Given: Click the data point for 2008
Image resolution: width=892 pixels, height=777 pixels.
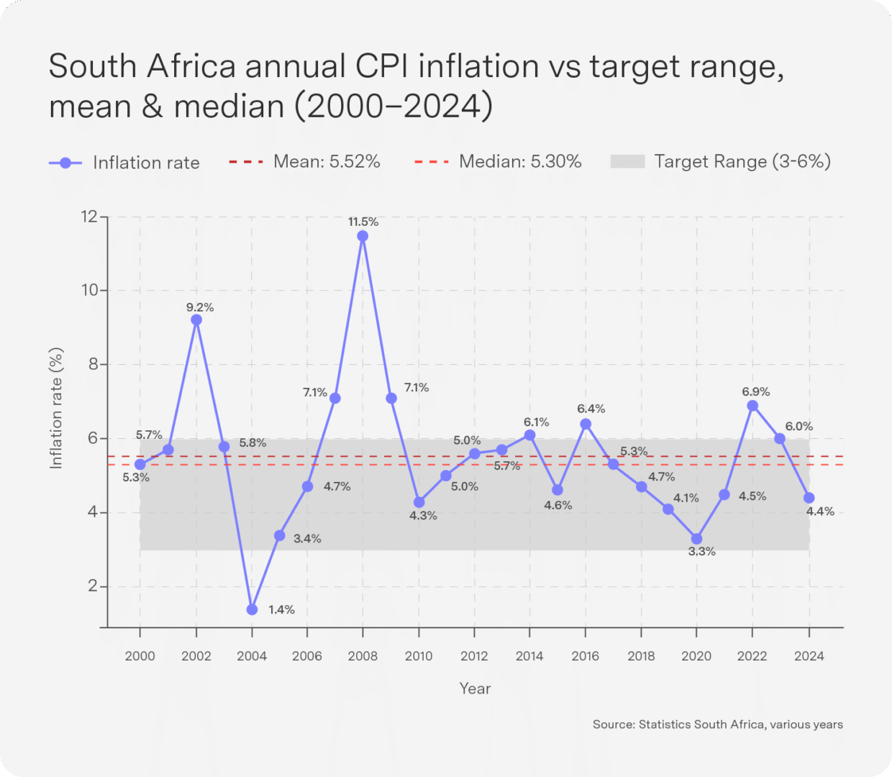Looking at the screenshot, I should [x=363, y=236].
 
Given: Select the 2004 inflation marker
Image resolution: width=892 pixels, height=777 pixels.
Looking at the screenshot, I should [x=252, y=609].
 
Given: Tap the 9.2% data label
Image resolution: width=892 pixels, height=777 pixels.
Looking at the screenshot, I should [x=200, y=307].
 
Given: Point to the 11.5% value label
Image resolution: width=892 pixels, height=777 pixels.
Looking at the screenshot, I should [x=363, y=222].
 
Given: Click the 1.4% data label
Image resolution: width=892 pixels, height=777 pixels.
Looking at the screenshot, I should [x=281, y=609].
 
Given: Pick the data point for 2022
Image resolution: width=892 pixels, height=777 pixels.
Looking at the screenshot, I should [x=752, y=406].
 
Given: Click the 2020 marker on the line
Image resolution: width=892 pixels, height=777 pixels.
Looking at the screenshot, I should [x=696, y=539].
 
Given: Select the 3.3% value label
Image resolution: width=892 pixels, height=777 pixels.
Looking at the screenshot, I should [x=701, y=552].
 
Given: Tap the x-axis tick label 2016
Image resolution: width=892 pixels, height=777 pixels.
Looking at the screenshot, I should [x=585, y=656].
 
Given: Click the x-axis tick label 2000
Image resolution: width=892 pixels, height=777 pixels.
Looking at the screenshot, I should [x=140, y=656].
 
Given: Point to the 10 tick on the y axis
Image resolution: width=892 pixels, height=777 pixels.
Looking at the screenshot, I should [x=90, y=290].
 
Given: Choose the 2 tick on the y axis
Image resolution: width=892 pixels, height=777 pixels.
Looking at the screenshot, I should [x=93, y=586].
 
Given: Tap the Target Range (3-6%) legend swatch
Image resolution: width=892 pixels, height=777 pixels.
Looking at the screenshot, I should [x=627, y=162].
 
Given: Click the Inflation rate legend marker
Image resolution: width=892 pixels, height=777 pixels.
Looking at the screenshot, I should [x=65, y=163].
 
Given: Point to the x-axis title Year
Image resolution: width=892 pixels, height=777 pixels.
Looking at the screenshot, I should [x=475, y=689].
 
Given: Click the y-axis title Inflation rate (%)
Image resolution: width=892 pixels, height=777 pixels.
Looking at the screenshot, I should [x=56, y=409].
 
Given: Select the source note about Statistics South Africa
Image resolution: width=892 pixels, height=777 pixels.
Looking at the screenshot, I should [x=717, y=724].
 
